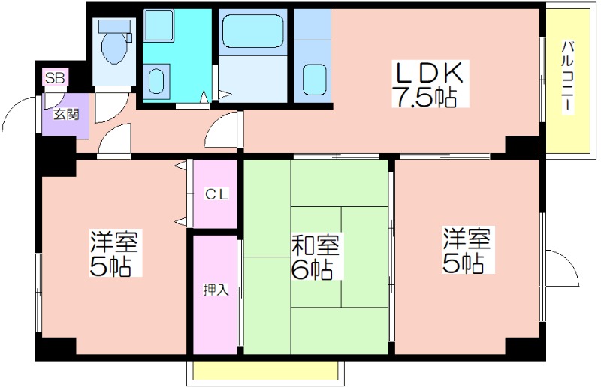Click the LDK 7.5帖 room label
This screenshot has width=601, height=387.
point(429,84)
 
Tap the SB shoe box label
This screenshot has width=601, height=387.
point(55,78)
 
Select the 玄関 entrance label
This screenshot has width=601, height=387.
point(66,114)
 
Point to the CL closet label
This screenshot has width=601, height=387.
point(216,194)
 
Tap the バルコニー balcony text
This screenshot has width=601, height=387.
point(568,76)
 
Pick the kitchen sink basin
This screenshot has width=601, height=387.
point(315,79)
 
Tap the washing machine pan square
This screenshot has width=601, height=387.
point(159,25)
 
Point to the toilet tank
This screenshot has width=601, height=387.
point(115,26)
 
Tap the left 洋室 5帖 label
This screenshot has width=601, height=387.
point(114,253)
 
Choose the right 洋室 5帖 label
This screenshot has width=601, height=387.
point(467,250)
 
